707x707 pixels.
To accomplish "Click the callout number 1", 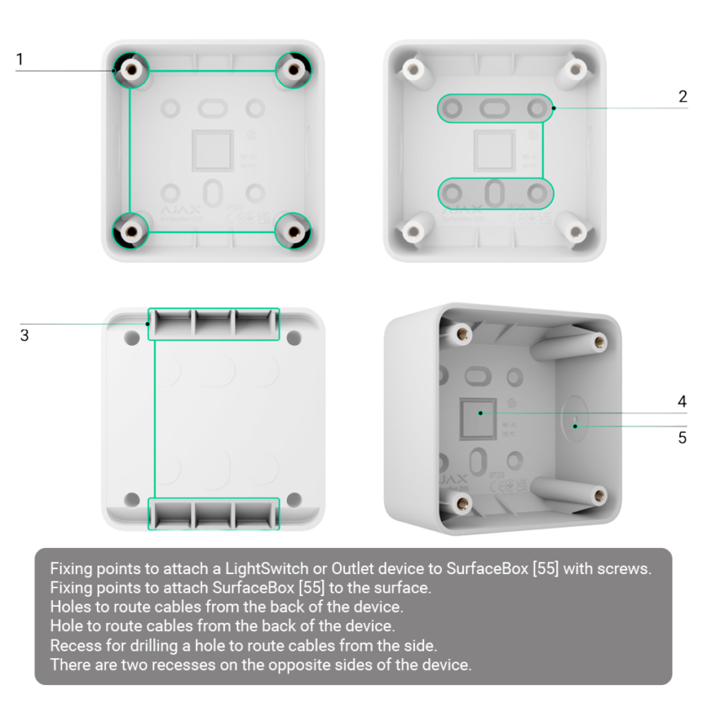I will pyautogui.click(x=19, y=59).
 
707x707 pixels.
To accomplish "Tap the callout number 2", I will pyautogui.click(x=683, y=98).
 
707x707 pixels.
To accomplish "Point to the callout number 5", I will pyautogui.click(x=683, y=436).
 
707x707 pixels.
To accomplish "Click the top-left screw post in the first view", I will pyautogui.click(x=130, y=71).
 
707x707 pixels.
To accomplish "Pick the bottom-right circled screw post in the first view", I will pyautogui.click(x=294, y=229).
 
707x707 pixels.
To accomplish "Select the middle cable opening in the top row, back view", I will pyautogui.click(x=214, y=324).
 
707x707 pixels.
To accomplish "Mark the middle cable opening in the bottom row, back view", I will pyautogui.click(x=214, y=513).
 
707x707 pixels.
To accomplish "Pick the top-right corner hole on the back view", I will pyautogui.click(x=294, y=338).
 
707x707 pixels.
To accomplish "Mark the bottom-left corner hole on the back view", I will pyautogui.click(x=132, y=500).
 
